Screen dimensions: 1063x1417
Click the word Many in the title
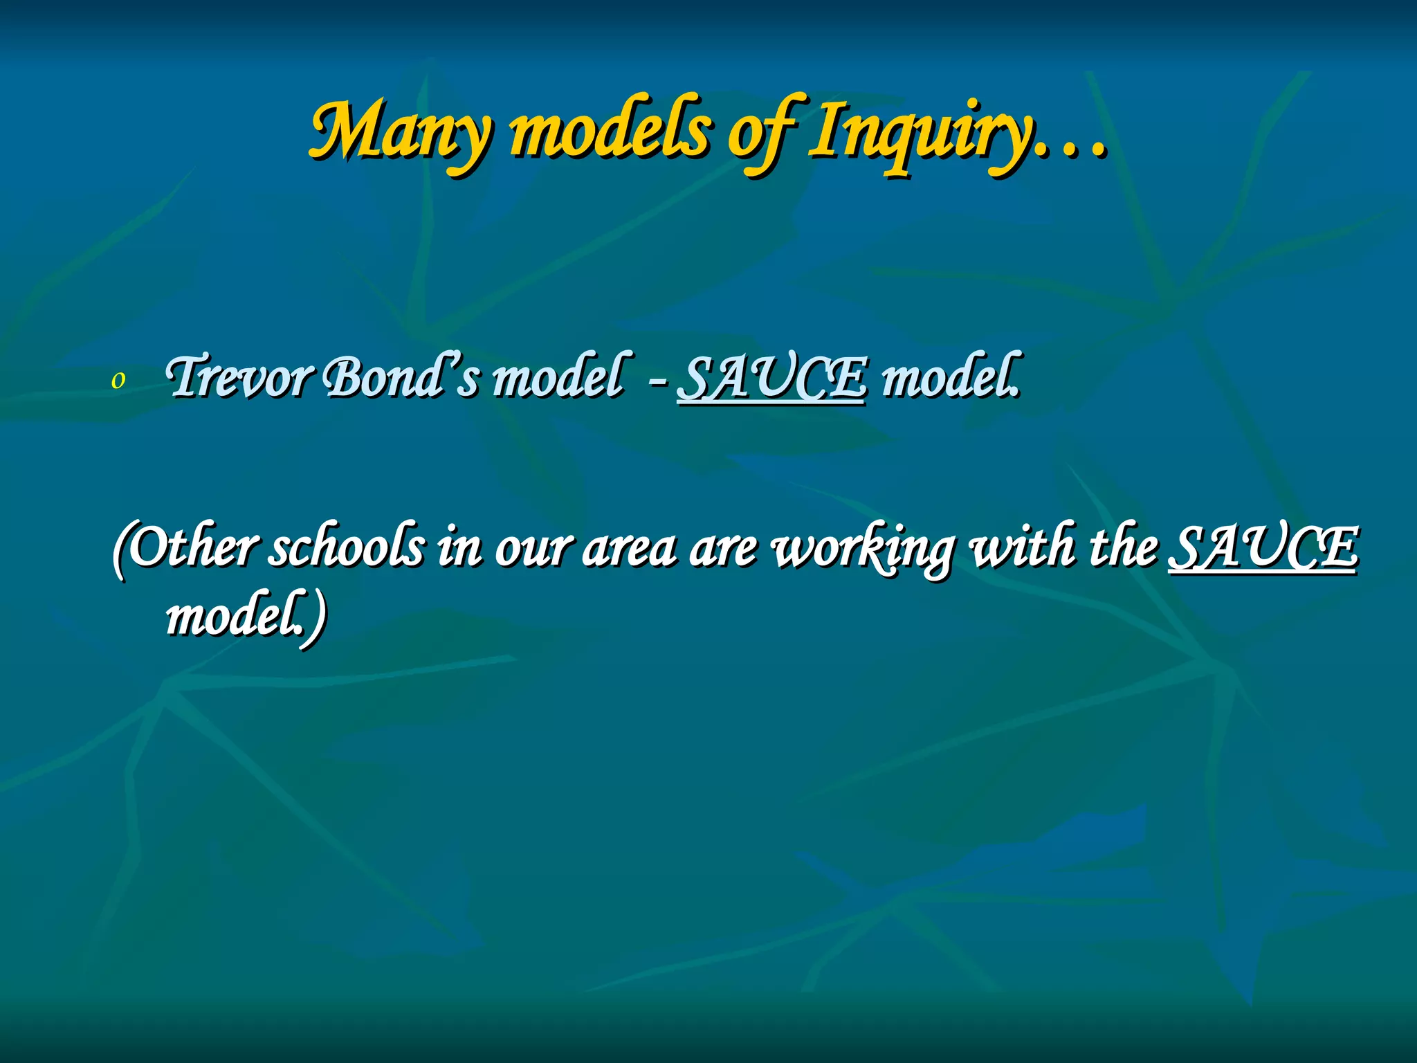click(x=401, y=131)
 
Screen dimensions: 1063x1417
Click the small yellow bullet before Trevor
click(x=118, y=380)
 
